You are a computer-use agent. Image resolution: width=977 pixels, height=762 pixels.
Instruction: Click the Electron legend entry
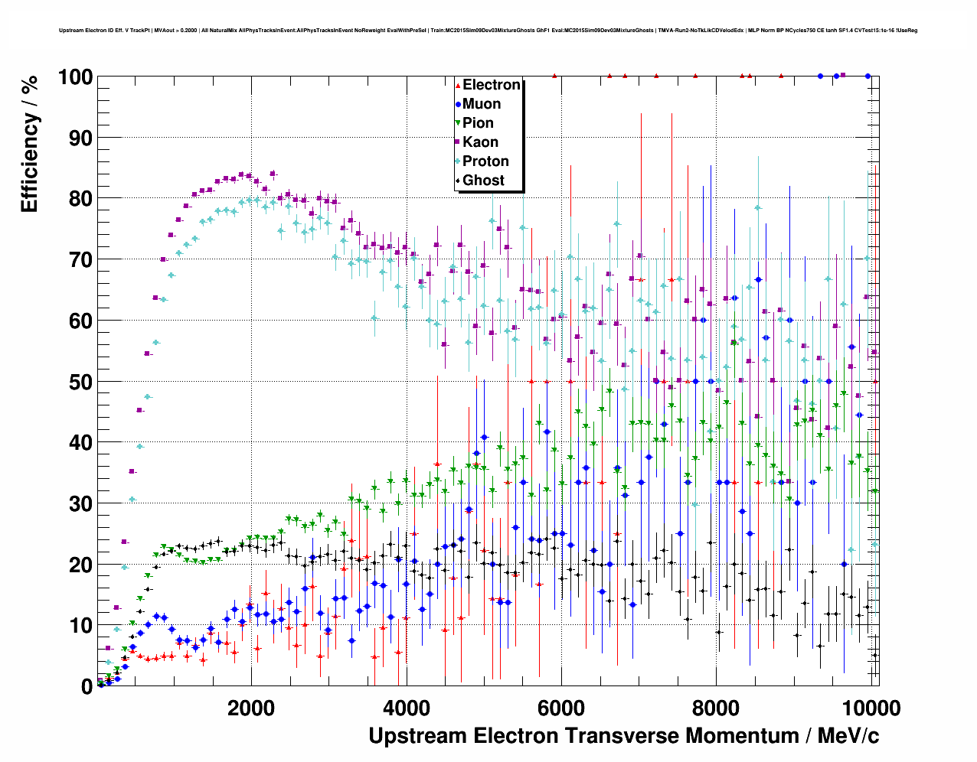(x=491, y=85)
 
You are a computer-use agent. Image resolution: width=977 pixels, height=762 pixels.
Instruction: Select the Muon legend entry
(x=481, y=104)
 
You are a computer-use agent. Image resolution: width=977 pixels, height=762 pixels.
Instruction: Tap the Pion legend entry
(x=478, y=123)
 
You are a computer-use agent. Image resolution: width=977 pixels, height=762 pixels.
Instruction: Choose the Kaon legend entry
(x=480, y=142)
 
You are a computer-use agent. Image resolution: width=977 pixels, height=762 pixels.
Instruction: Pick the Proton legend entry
(x=485, y=161)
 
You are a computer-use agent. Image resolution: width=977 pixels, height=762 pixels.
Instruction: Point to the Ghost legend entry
(x=483, y=181)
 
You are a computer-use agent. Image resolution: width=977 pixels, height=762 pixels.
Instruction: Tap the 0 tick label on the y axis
(x=87, y=686)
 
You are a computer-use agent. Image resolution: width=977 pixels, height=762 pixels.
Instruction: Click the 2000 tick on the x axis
(x=251, y=708)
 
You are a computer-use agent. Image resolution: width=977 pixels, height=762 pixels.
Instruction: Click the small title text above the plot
(x=488, y=31)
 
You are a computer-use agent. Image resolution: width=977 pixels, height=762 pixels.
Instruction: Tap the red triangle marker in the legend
(x=458, y=85)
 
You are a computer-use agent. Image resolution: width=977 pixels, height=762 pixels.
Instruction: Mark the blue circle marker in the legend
(x=458, y=104)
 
